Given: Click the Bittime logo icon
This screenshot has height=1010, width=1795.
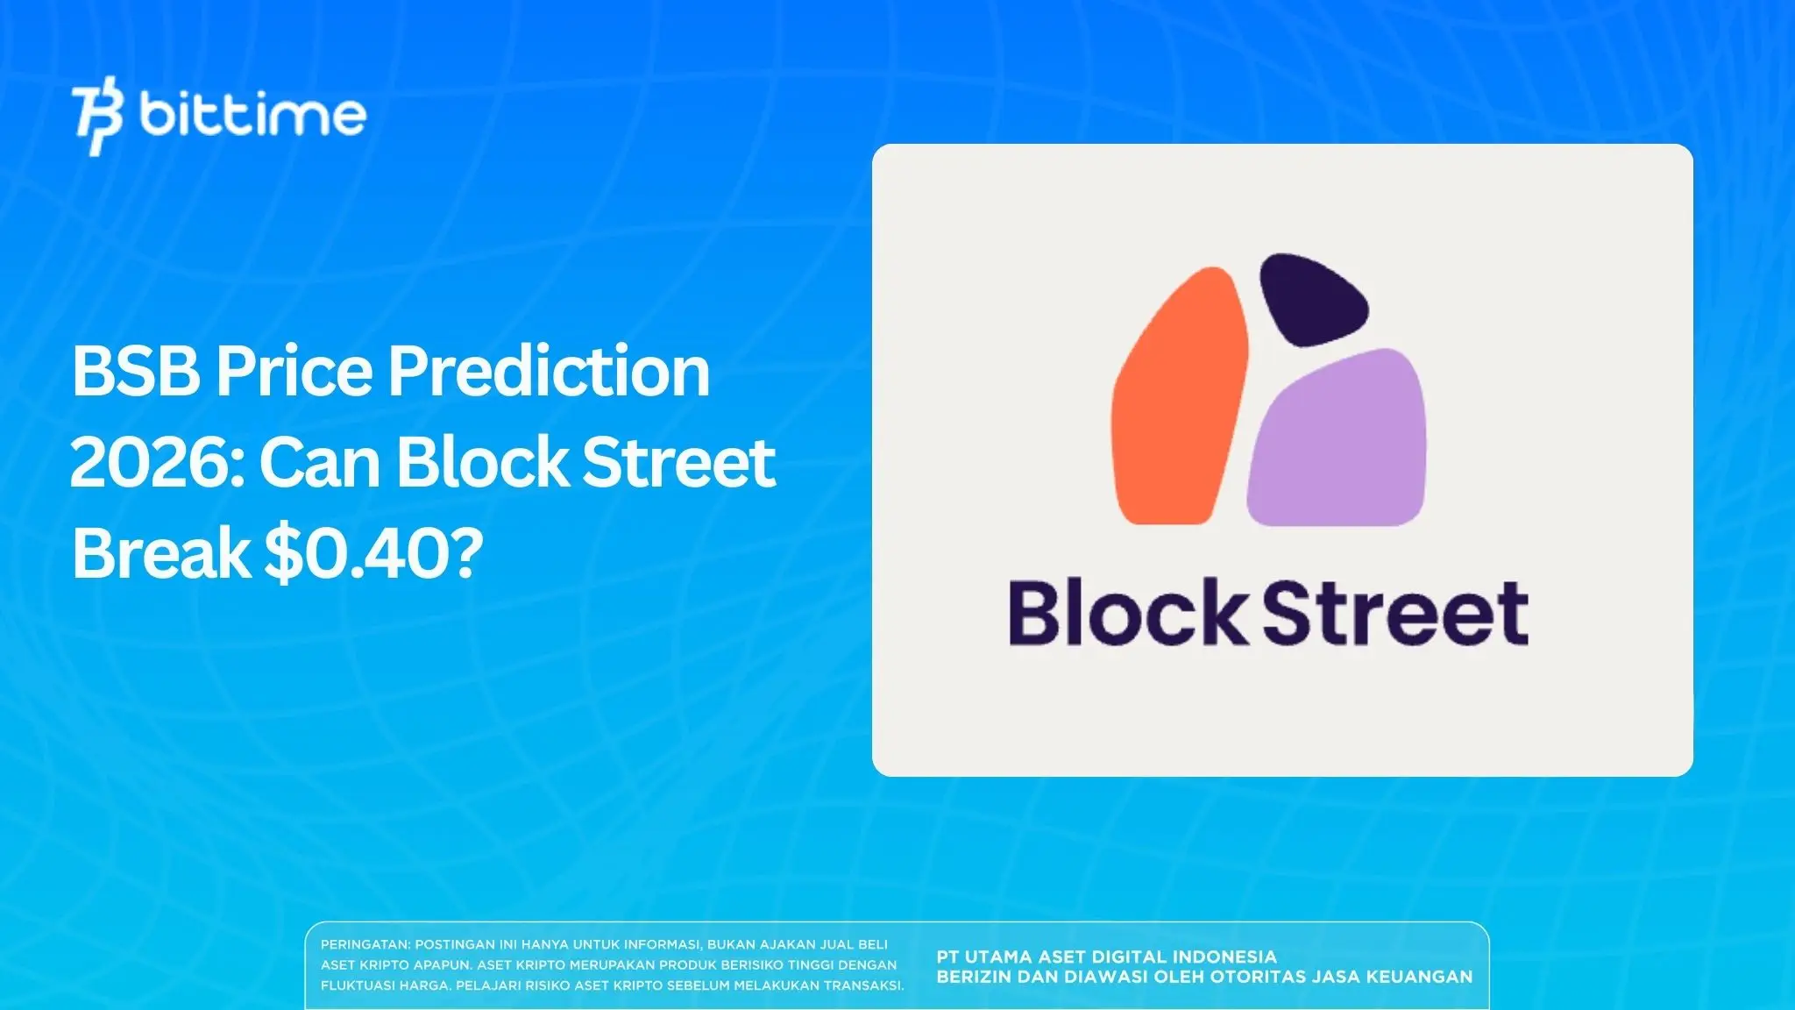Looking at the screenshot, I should click(x=97, y=116).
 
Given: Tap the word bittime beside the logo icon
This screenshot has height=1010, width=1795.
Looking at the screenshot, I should click(x=252, y=115).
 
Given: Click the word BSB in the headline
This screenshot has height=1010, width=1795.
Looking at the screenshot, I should click(x=136, y=371).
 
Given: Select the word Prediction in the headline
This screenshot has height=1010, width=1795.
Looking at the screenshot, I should click(x=549, y=371).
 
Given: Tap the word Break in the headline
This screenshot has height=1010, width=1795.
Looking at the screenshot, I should click(x=161, y=553).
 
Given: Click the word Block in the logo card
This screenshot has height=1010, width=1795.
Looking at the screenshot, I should click(x=1127, y=614).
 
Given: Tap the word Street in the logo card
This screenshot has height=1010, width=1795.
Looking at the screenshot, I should click(x=1395, y=614).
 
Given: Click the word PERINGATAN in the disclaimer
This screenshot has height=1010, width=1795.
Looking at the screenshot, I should click(x=365, y=944).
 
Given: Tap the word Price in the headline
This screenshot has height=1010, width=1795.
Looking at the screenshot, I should click(x=294, y=371).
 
